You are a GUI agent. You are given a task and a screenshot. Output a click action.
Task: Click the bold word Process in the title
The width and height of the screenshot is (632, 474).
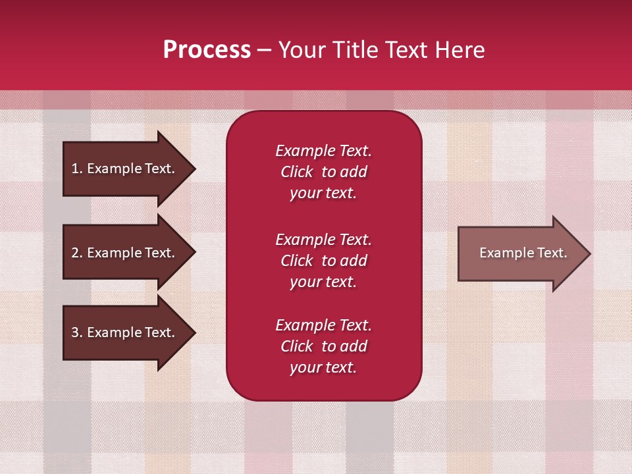tap(207, 50)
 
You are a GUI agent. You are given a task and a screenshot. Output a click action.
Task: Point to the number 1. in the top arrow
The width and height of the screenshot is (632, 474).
tap(77, 169)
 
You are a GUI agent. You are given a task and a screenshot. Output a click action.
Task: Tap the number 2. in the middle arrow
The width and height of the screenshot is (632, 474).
tap(77, 253)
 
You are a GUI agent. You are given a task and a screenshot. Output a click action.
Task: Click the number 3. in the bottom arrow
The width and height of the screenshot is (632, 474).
tap(77, 332)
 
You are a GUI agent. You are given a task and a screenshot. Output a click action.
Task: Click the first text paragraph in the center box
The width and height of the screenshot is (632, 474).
tap(323, 172)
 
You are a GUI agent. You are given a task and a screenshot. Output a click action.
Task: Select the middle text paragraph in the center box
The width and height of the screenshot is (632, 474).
tap(323, 261)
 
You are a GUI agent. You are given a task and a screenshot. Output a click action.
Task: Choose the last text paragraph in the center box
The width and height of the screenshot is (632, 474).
tap(323, 346)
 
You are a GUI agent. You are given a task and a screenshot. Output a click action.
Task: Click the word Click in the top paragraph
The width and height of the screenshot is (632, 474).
tap(297, 172)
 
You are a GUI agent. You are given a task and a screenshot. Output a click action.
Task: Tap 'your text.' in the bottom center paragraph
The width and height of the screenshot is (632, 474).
tap(323, 367)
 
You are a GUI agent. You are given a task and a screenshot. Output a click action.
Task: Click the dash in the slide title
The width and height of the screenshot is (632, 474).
tap(264, 50)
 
